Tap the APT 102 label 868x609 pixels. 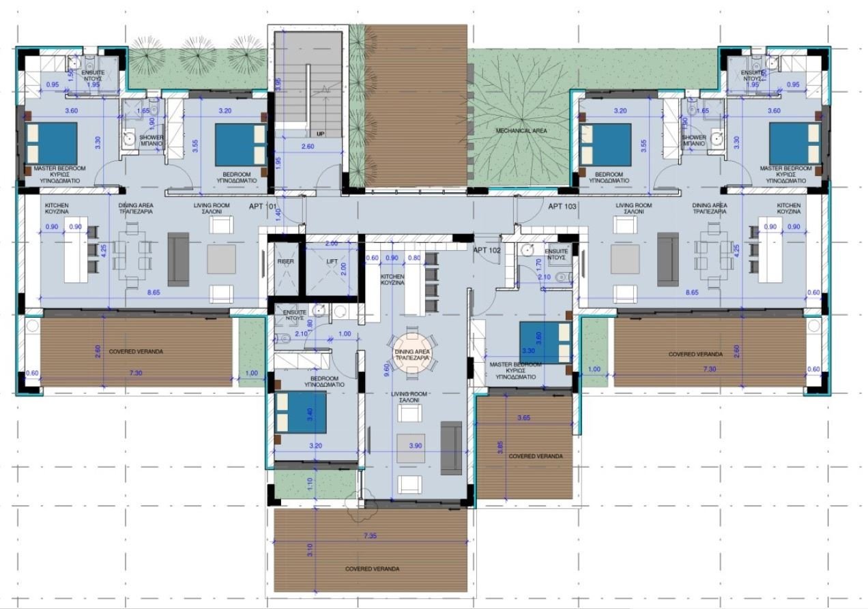(488, 250)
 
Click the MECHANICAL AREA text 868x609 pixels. (521, 130)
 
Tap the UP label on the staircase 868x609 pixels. (321, 134)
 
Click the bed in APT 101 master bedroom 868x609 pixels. (52, 144)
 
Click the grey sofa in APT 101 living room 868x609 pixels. (178, 259)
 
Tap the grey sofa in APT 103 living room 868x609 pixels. (668, 259)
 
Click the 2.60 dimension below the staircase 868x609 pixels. (307, 146)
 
